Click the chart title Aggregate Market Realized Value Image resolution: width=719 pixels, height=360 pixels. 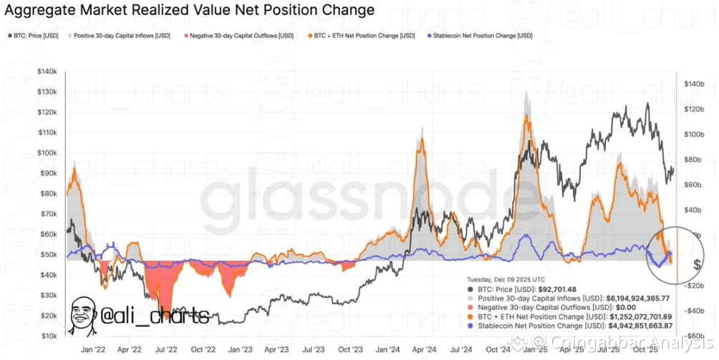point(190,10)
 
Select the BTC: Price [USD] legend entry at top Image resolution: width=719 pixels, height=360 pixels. point(36,35)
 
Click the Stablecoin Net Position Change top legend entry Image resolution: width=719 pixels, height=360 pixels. point(477,35)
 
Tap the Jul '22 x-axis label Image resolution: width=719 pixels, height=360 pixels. point(167,351)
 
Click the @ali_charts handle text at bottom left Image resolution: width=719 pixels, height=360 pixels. point(157,316)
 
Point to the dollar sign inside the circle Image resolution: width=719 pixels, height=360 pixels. point(676,264)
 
